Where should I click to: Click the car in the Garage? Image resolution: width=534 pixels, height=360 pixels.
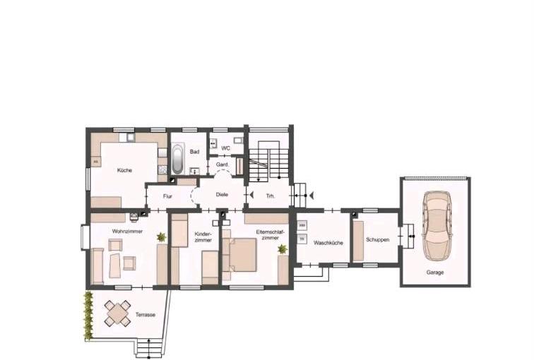point(435,225)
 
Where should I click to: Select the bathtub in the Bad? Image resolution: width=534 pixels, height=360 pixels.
point(178,159)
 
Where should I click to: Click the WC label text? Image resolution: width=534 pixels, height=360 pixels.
point(226,148)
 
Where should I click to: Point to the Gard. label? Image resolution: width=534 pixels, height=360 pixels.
point(221,164)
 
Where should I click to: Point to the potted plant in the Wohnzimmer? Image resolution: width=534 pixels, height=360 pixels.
point(162,237)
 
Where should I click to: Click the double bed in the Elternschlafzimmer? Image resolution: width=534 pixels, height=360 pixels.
point(239,255)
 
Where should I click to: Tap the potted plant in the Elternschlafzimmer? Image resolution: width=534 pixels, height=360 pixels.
point(283,249)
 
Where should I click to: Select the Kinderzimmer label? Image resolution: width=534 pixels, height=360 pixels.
point(203,236)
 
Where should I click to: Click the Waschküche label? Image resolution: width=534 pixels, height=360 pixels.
point(328,243)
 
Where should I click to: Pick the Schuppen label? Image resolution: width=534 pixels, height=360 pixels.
point(378,239)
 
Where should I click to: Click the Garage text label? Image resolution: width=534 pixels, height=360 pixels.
point(435,272)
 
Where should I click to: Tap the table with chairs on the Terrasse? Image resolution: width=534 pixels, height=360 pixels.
point(118,311)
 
